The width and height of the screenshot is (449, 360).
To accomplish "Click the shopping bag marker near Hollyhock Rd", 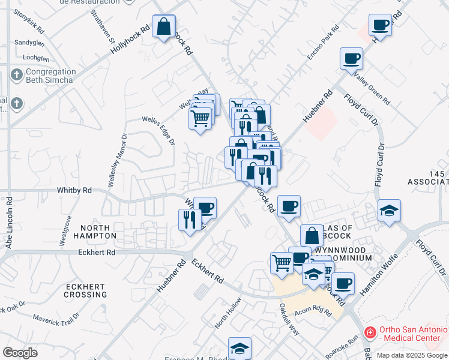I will pyautogui.click(x=163, y=26).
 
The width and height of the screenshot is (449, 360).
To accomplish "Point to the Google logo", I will pyautogui.click(x=20, y=352).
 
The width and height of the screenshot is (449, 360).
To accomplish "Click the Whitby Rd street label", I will pyautogui.click(x=74, y=190).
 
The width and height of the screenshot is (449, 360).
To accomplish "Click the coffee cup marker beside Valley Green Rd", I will pyautogui.click(x=351, y=59).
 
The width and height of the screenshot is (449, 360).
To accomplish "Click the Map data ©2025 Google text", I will pyautogui.click(x=411, y=355).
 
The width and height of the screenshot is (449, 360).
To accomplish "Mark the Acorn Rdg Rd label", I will pyautogui.click(x=314, y=310).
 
